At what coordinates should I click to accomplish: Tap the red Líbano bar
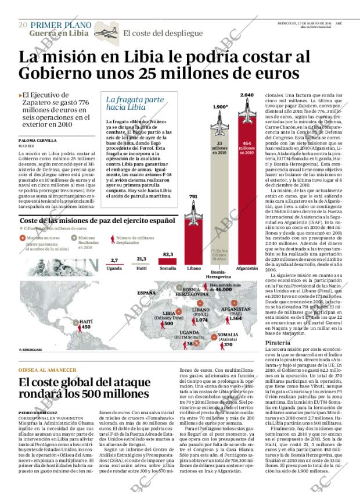[x=193, y=238]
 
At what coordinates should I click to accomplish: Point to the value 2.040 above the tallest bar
[x=247, y=94]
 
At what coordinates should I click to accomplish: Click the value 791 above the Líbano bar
[x=193, y=197]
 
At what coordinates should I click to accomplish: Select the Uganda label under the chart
[x=114, y=269]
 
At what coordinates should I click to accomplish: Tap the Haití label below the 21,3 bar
[x=141, y=269]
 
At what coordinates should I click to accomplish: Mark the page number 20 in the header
[x=23, y=24]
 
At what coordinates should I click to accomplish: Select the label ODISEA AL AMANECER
[x=47, y=370]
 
